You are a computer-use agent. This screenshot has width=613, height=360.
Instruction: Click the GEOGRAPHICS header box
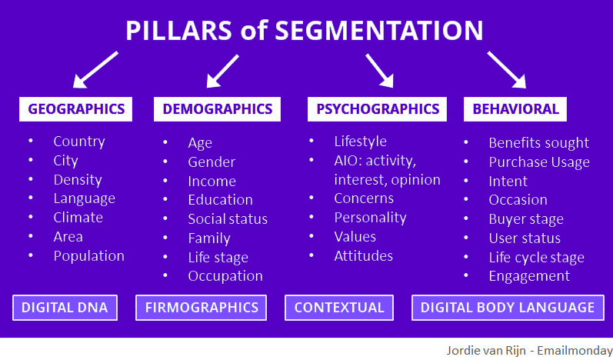pos(76,109)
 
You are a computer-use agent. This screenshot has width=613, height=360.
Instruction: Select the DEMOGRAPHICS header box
pos(218,109)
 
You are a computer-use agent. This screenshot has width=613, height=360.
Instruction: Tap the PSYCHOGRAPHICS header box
pos(378,109)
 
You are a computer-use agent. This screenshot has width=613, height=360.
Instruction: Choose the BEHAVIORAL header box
pos(515,109)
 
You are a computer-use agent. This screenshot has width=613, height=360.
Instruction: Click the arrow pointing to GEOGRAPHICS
pos(95,69)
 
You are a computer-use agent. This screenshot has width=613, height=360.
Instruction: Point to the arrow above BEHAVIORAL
pos(507,69)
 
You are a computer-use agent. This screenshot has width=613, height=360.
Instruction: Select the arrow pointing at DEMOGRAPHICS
pos(222,71)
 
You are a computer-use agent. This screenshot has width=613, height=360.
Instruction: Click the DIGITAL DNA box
pos(65,308)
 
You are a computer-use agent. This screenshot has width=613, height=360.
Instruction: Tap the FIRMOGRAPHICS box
pos(202,308)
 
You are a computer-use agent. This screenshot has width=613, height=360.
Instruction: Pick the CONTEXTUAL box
pos(339,308)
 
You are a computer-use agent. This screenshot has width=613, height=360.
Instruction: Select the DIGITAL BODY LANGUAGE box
pos(508,308)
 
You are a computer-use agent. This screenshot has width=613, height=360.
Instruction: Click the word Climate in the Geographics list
pos(78,218)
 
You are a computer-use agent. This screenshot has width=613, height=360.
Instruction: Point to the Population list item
pos(88,256)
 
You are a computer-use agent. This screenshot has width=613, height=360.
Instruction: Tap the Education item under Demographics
pos(221,200)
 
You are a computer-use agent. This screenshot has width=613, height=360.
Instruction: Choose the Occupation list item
pos(225,276)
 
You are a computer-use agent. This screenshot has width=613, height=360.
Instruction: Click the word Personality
pos(370,218)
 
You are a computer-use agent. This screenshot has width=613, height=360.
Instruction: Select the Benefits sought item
pos(538,143)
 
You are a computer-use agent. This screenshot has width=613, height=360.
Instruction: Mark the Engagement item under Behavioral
pos(529,276)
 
